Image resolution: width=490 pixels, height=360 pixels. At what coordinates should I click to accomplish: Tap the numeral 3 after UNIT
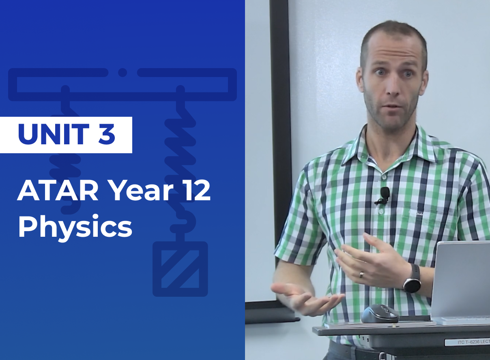click(107, 135)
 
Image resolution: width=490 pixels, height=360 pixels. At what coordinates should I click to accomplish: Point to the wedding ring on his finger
click(362, 274)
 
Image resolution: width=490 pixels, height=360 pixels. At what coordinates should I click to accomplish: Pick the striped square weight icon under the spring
click(180, 269)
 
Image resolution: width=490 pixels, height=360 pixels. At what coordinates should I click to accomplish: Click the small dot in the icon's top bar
click(122, 73)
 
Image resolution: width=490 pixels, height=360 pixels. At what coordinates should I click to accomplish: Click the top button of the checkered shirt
click(384, 177)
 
